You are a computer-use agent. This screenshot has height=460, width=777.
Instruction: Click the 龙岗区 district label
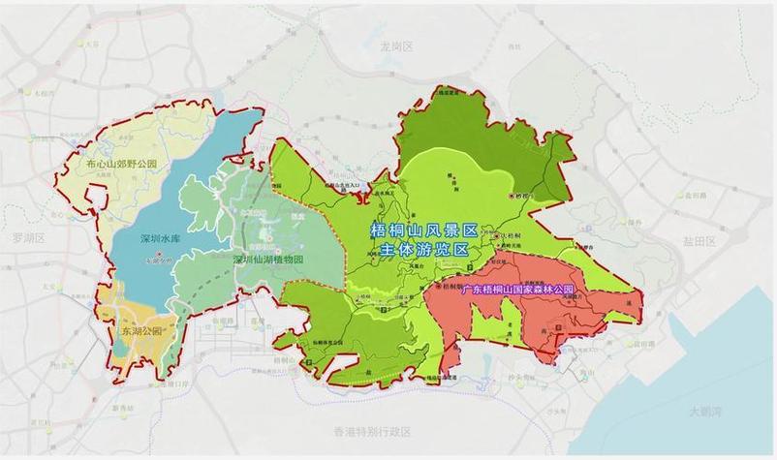397,46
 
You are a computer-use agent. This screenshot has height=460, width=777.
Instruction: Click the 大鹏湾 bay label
708,412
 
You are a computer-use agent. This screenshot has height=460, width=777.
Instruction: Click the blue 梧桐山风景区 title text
424,230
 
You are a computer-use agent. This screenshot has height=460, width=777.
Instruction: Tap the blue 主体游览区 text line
424,249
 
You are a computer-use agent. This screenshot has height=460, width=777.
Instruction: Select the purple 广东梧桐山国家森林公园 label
518,290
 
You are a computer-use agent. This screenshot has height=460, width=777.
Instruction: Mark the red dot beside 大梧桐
495,236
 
